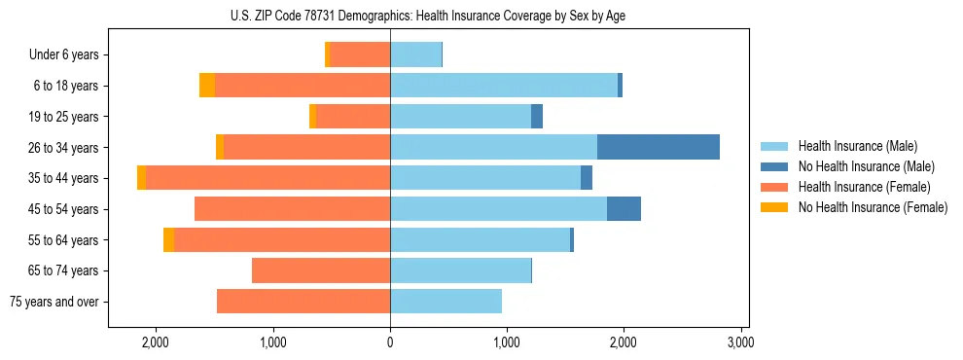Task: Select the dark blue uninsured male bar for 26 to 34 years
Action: (658, 147)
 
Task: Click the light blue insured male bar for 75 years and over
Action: (446, 302)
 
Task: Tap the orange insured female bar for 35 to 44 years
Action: (267, 178)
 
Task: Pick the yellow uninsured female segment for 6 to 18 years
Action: (207, 86)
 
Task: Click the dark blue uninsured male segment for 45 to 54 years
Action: (624, 209)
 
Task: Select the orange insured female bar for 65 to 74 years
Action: (320, 270)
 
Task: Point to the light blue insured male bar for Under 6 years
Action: (415, 54)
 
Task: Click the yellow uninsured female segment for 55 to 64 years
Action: (169, 240)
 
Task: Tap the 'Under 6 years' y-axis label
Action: (63, 55)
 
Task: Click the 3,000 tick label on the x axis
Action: (740, 342)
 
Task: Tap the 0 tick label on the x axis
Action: (390, 342)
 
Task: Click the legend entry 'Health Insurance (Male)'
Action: (857, 146)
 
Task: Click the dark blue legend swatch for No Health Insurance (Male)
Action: (775, 166)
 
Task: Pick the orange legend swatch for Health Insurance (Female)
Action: (775, 187)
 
